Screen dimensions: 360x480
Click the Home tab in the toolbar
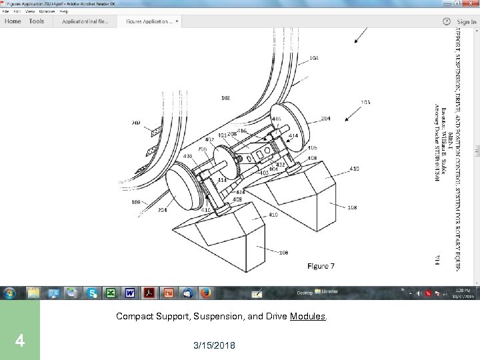tap(13, 21)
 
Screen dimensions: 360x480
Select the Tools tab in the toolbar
tap(37, 21)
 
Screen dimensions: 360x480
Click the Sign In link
tap(467, 21)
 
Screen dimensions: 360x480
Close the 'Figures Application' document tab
tap(177, 21)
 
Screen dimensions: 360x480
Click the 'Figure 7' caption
tap(321, 265)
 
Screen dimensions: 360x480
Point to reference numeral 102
tap(225, 98)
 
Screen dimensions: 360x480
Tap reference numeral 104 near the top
tap(313, 58)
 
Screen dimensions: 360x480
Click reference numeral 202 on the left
tap(136, 123)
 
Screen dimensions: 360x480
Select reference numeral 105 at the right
tap(365, 102)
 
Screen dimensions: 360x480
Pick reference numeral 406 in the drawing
tap(313, 147)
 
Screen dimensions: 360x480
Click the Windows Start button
tap(10, 293)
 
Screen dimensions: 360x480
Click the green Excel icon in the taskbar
tap(111, 293)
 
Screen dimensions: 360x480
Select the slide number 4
tap(20, 341)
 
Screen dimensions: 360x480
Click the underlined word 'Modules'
tap(308, 316)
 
